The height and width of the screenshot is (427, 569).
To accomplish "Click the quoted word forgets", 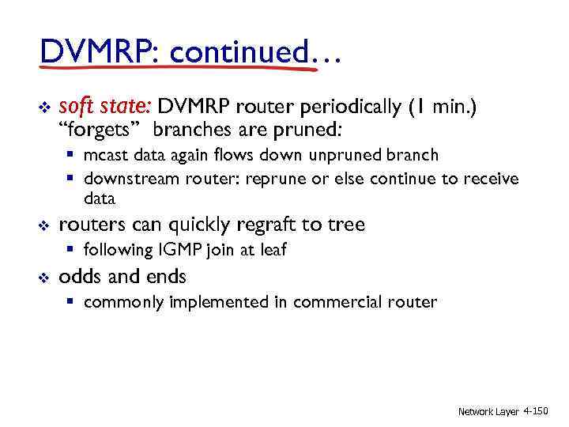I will click(100, 129).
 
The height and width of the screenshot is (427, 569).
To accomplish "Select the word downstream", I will click(130, 179).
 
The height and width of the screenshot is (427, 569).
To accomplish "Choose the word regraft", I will click(250, 225).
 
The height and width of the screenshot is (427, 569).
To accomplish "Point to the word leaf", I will click(271, 251).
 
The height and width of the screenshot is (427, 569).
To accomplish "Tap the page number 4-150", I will click(536, 411).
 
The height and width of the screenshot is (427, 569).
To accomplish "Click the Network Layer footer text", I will click(488, 412).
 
